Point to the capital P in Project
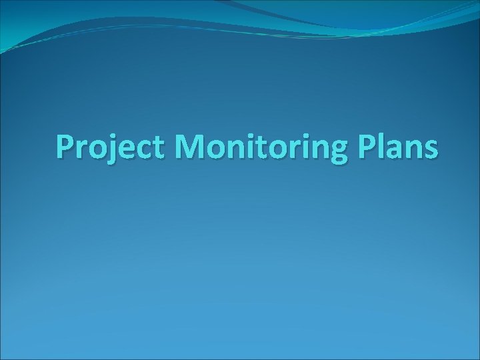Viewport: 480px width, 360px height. pyautogui.click(x=65, y=147)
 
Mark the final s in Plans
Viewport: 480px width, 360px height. pyautogui.click(x=430, y=149)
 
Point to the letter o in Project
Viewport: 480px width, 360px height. pyautogui.click(x=97, y=149)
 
